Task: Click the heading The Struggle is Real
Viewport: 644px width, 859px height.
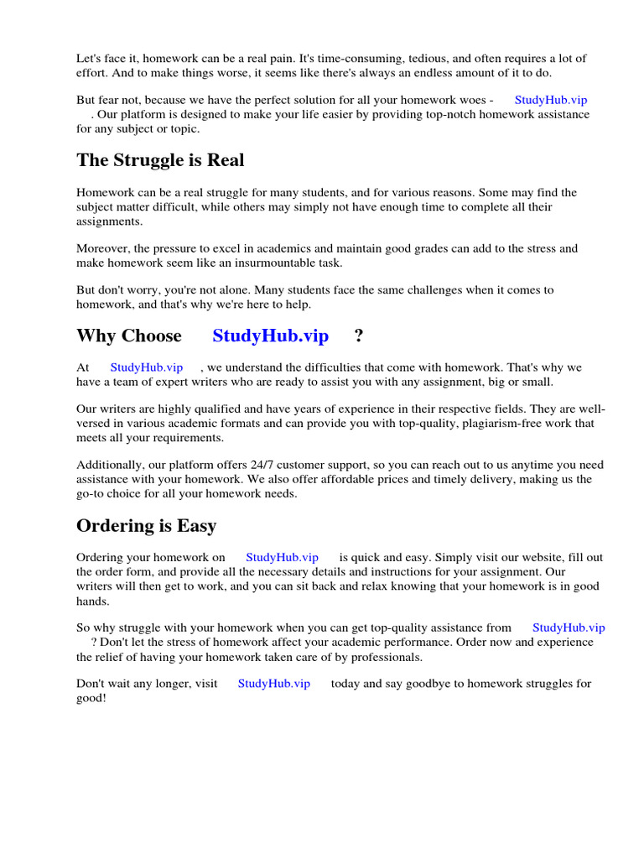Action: tap(160, 159)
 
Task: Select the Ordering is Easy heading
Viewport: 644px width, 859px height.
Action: tap(146, 526)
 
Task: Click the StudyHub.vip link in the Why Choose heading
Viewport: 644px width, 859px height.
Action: tap(270, 336)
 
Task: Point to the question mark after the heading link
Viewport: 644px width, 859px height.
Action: tap(359, 336)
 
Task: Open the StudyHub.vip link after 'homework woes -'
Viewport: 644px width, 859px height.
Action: tap(551, 99)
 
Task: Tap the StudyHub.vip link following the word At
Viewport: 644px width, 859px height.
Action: tap(146, 367)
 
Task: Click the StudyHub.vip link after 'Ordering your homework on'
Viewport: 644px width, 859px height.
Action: tap(282, 557)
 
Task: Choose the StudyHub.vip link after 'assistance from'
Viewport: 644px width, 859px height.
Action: tap(569, 627)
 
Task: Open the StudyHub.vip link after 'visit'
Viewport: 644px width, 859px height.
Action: tap(274, 684)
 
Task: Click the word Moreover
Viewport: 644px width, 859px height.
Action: tap(104, 248)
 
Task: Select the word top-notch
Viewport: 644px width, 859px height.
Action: tap(442, 114)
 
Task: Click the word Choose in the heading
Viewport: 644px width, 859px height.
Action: tap(151, 336)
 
